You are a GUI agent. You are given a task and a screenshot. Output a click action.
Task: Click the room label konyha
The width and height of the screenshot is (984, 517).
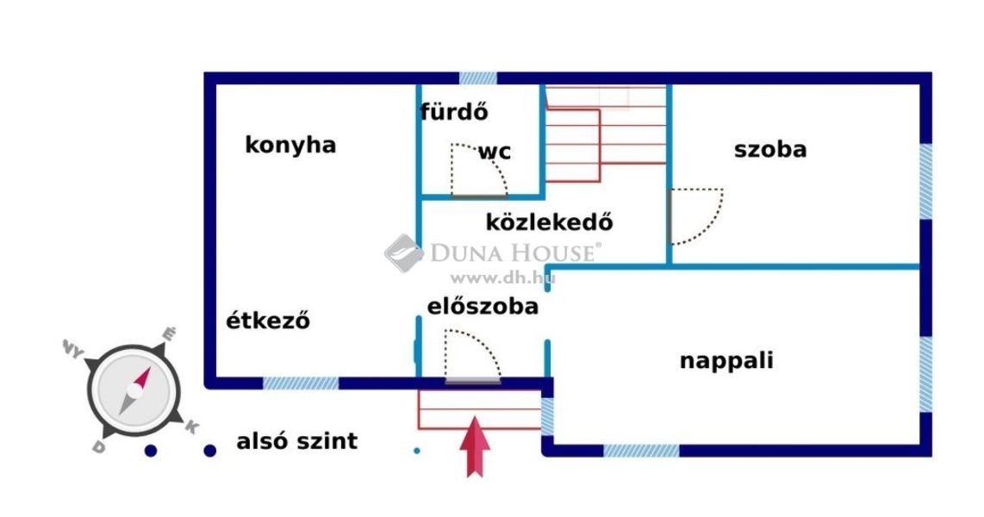pyautogui.click(x=290, y=145)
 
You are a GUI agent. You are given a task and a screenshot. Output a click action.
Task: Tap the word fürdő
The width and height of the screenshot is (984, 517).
pyautogui.click(x=454, y=112)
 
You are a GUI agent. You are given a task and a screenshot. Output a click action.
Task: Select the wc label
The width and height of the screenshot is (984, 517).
pyautogui.click(x=495, y=152)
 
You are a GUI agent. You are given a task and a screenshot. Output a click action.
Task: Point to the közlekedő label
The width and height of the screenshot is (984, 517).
pyautogui.click(x=549, y=221)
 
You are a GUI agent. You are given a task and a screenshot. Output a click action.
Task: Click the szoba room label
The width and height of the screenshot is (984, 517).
pyautogui.click(x=770, y=149)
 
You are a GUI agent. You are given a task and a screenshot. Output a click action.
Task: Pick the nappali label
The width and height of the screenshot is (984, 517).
pyautogui.click(x=726, y=361)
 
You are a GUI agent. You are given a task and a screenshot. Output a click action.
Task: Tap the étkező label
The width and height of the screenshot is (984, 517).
pyautogui.click(x=268, y=320)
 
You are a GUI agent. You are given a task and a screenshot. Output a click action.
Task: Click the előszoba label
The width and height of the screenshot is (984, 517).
pyautogui.click(x=483, y=306)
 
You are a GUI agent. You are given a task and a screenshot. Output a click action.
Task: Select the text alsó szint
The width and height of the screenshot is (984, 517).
pyautogui.click(x=296, y=441)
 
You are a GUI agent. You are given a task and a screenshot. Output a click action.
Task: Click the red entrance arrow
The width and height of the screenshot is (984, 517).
pyautogui.click(x=475, y=446)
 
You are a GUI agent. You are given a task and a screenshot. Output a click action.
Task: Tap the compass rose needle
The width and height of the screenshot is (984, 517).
pyautogui.click(x=135, y=391)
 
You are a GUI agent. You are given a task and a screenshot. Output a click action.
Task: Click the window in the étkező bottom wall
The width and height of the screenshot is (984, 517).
pyautogui.click(x=301, y=383)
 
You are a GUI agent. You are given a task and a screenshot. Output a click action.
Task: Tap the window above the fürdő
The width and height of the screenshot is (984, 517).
pyautogui.click(x=478, y=78)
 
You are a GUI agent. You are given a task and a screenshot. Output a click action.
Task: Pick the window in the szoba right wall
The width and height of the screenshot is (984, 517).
pyautogui.click(x=925, y=182)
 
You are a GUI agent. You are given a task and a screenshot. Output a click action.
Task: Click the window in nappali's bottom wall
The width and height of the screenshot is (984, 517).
pyautogui.click(x=641, y=451)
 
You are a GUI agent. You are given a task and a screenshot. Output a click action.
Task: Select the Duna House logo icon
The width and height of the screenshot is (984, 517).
pyautogui.click(x=403, y=253)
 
